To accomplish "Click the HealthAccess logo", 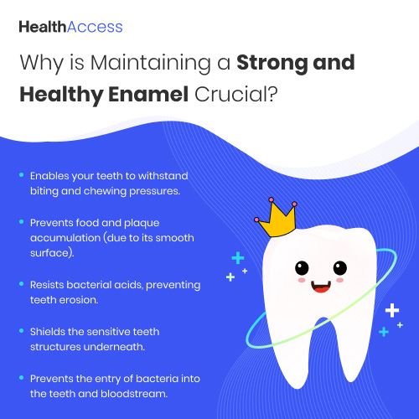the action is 70,27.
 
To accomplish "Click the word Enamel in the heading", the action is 148,95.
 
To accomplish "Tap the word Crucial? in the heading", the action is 236,95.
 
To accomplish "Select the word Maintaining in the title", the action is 151,64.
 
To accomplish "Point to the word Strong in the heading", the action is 272,64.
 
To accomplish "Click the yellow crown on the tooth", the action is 277,219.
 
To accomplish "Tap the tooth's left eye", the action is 302,268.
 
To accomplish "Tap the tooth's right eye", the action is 340,268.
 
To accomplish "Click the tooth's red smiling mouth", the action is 321,287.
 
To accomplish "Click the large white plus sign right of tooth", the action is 392,310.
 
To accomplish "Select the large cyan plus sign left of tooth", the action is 238,258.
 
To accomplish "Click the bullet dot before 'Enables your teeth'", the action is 22,175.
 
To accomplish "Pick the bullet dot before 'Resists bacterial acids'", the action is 22,284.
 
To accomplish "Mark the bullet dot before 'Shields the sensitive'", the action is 22,331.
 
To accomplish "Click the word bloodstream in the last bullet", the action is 134,394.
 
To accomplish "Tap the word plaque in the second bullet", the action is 142,224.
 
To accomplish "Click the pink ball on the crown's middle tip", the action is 272,199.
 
